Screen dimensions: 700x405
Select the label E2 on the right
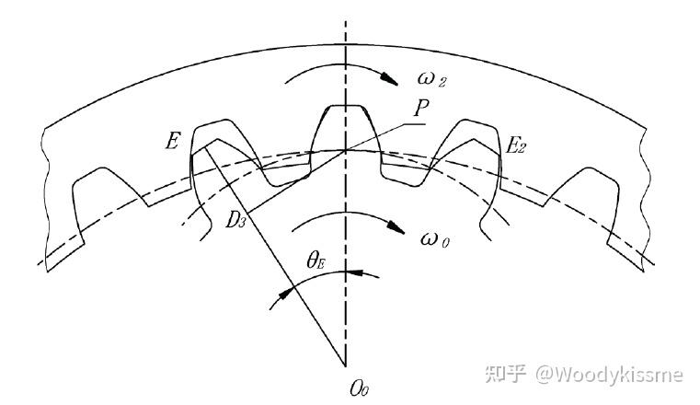(516, 144)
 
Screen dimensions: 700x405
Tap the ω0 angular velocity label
(436, 239)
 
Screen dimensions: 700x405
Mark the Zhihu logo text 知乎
(504, 374)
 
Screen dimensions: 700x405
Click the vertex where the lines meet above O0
(345, 362)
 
